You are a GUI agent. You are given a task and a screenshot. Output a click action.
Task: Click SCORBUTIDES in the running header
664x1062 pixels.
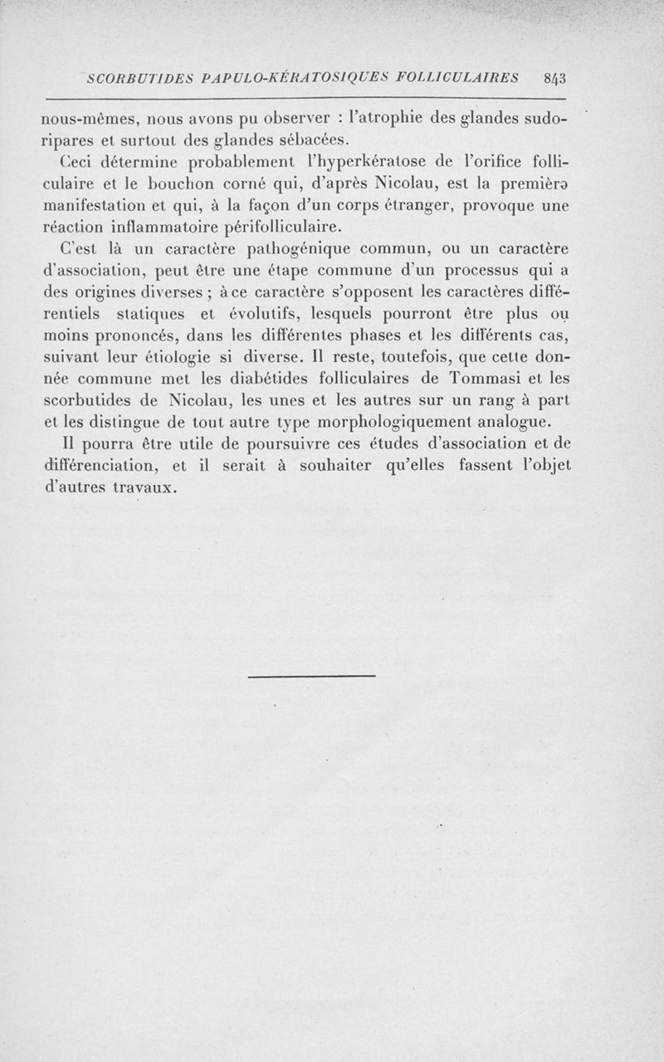coord(139,79)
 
